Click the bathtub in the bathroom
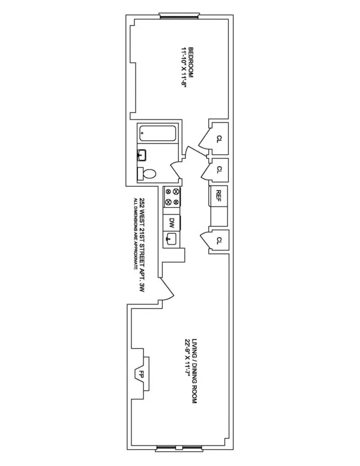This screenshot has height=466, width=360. click(157, 133)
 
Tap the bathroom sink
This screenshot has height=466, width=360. click(142, 156)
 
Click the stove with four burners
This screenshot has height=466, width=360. click(172, 198)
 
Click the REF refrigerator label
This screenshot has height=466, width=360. click(219, 195)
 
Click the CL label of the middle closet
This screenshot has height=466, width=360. click(220, 169)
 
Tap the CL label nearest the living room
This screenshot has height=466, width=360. click(220, 240)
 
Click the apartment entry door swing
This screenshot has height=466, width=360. click(166, 288)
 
